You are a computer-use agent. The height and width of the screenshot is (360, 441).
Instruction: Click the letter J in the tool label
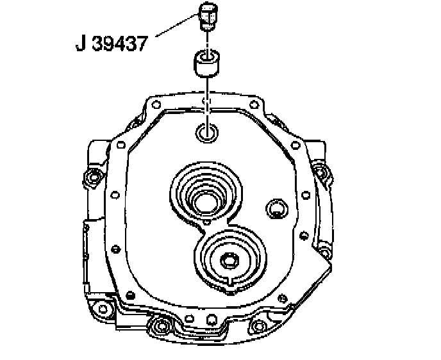(x=81, y=44)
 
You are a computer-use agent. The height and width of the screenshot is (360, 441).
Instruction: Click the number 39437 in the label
(x=120, y=44)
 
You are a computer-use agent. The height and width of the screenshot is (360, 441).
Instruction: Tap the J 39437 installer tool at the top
(x=208, y=16)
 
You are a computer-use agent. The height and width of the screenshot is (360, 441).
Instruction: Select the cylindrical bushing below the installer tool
(x=206, y=63)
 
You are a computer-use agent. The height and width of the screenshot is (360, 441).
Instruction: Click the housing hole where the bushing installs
(x=207, y=133)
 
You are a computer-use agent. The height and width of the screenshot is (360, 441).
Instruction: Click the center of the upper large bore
(x=206, y=202)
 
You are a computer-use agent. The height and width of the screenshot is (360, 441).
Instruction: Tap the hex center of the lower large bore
(x=229, y=260)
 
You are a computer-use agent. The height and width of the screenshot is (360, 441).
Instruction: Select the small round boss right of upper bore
(x=277, y=208)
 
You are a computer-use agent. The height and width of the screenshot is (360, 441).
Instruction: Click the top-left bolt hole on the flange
(x=156, y=105)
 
